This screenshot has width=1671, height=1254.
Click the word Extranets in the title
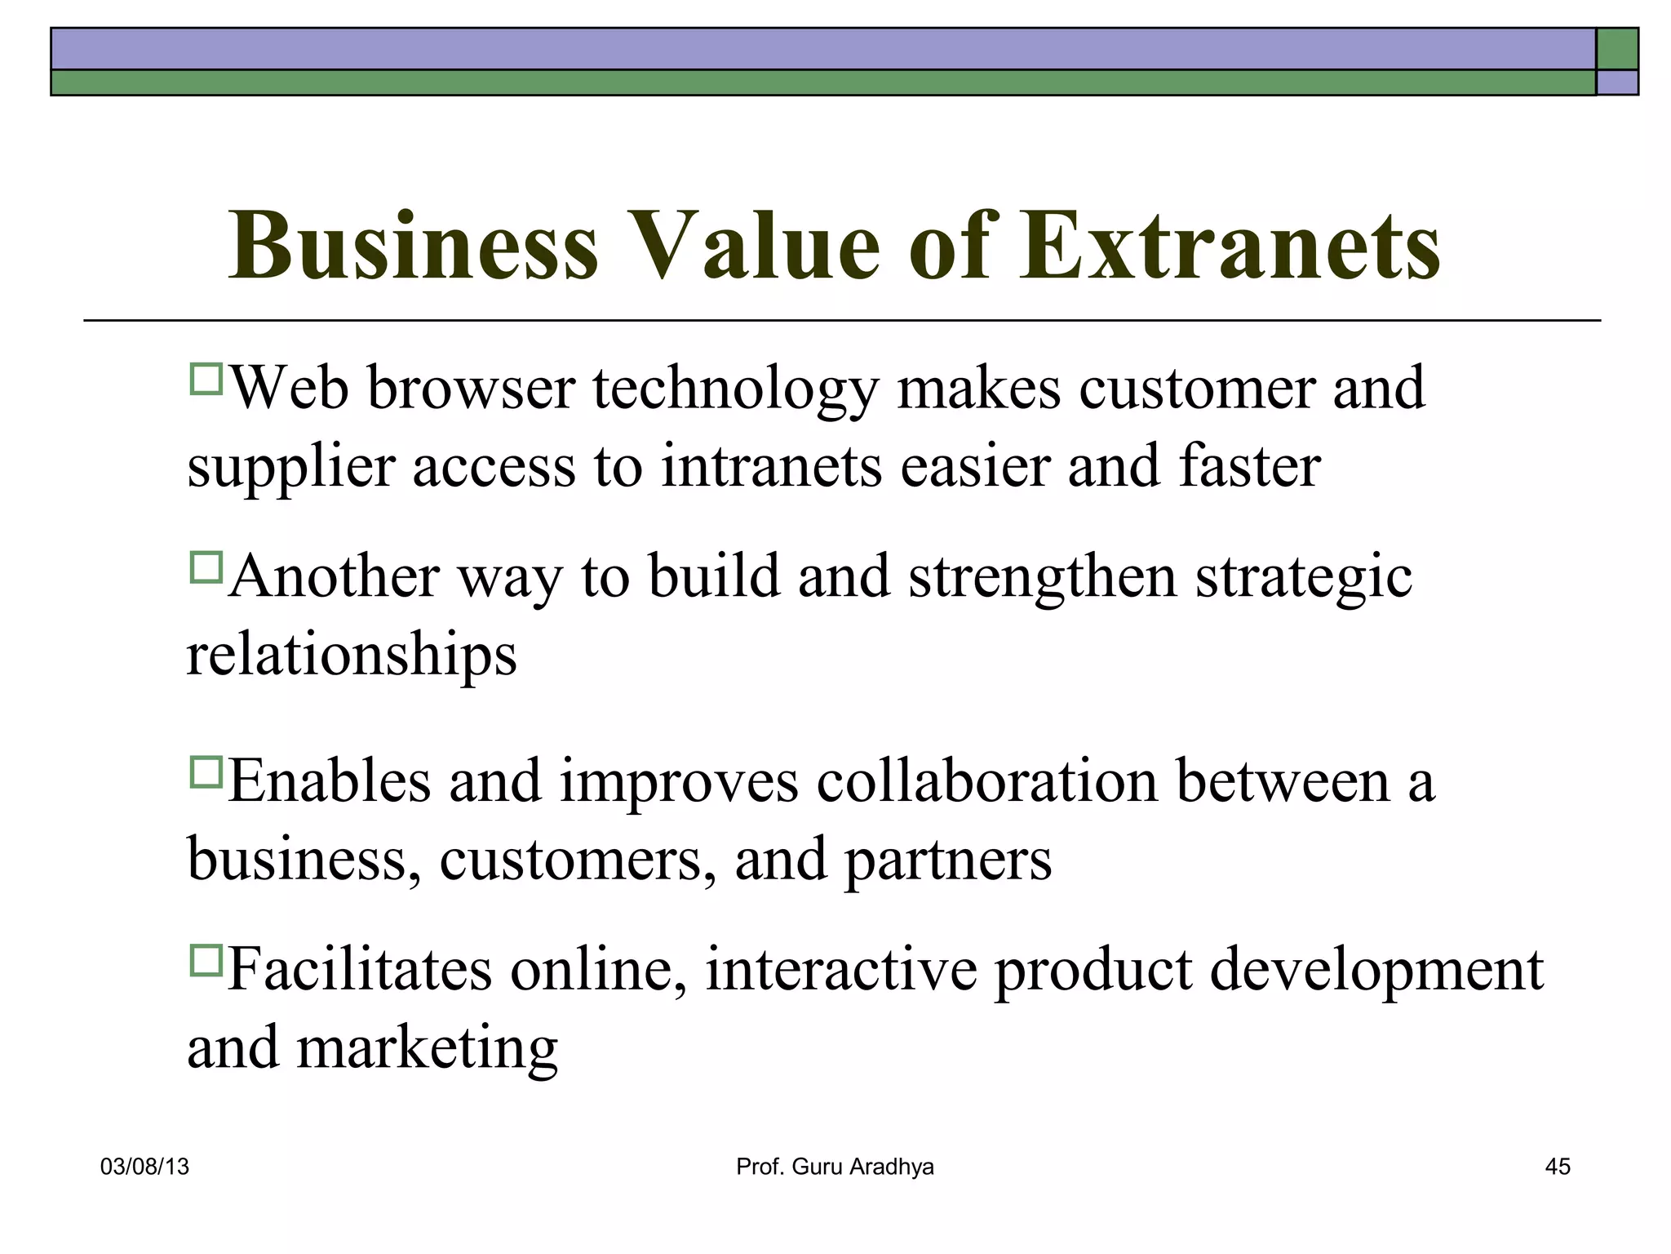[x=1230, y=246]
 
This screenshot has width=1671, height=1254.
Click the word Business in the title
[x=414, y=246]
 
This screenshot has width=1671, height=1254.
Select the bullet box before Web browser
[x=206, y=380]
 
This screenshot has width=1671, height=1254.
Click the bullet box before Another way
[x=206, y=567]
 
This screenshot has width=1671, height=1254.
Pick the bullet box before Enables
[x=206, y=772]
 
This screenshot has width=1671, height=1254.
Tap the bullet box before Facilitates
[x=206, y=960]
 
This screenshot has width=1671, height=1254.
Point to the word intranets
[x=771, y=466]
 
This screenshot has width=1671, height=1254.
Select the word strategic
[x=1304, y=578]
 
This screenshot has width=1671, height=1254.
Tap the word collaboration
[x=986, y=781]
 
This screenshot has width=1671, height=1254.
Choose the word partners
[x=947, y=860]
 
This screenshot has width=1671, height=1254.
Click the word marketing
[x=427, y=1048]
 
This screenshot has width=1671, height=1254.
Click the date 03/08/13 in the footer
[x=144, y=1167]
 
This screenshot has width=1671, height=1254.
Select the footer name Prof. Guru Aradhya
[x=835, y=1167]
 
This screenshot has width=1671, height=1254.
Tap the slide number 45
[x=1557, y=1167]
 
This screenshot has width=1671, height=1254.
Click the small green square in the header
[x=1617, y=49]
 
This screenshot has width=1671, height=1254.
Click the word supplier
[x=290, y=468]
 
